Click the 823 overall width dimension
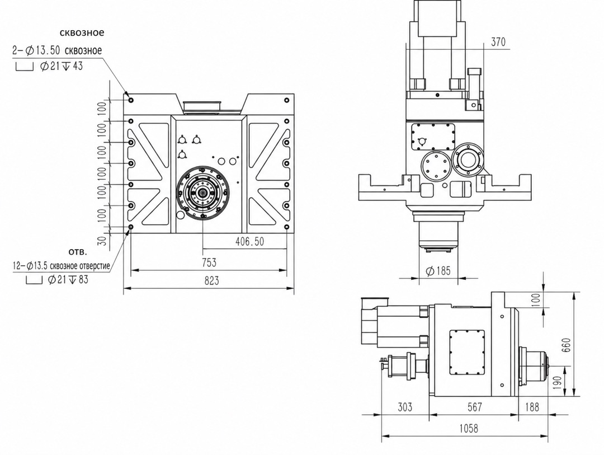[x=211, y=281]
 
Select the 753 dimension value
[x=209, y=262]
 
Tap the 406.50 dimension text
[x=249, y=242]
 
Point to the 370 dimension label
[x=498, y=41]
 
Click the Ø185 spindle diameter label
[x=438, y=271]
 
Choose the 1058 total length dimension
[x=469, y=428]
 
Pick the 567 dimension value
[x=474, y=407]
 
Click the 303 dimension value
[x=404, y=407]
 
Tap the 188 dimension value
[x=532, y=407]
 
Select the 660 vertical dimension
[x=566, y=345]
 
